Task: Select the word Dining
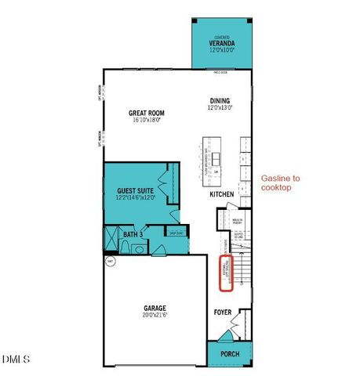tap(220, 99)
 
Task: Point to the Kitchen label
tap(222, 193)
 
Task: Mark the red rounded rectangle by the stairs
tap(226, 273)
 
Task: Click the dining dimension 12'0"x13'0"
tap(220, 108)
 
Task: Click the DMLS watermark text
tap(16, 360)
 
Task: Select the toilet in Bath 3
tap(139, 248)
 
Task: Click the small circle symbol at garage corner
tap(111, 262)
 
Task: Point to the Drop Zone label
tap(174, 233)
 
